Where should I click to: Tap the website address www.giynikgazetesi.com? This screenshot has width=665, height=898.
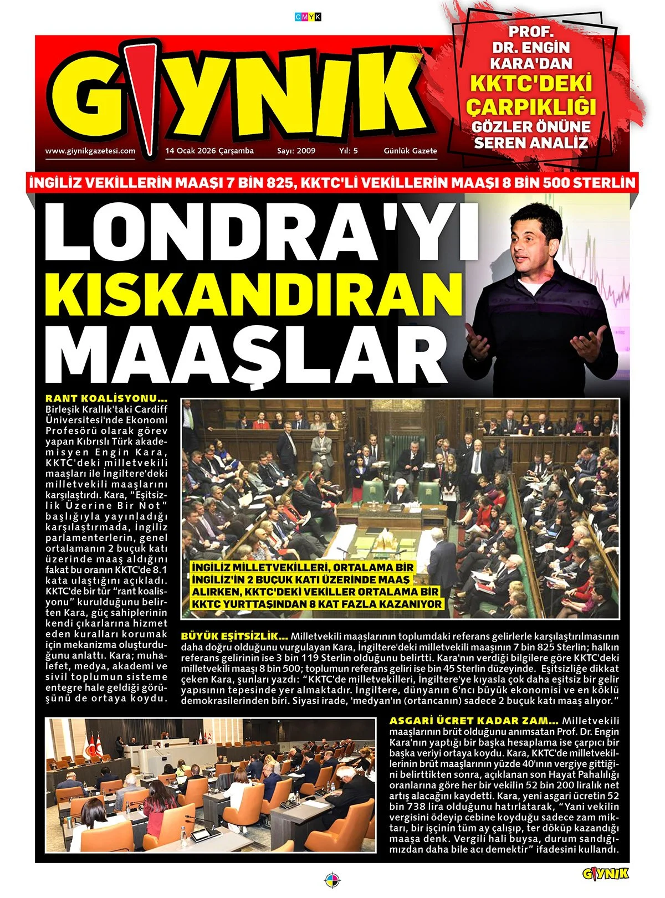90,151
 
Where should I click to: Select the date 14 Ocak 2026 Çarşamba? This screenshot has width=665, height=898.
209,151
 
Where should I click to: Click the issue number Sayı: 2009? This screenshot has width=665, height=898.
296,151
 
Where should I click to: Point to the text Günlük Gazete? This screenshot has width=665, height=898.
410,151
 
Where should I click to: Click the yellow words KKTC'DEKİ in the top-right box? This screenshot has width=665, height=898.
531,83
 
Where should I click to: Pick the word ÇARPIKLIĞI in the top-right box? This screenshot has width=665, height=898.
531,105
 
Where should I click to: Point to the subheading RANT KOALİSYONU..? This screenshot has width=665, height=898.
106,398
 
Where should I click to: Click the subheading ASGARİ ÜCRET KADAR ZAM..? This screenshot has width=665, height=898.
474,721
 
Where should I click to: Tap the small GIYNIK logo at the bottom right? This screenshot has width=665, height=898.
605,874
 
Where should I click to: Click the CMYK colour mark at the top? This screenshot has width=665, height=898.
308,17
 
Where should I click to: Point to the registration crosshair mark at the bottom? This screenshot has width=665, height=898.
332,879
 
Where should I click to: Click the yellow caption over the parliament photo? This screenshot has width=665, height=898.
318,586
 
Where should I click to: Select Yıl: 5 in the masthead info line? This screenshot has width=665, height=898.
349,151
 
